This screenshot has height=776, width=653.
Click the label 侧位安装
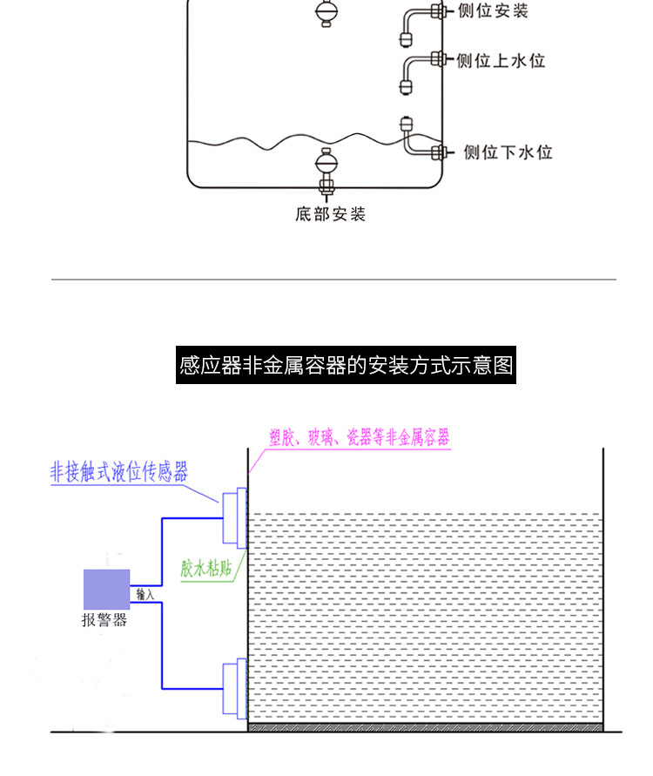493,11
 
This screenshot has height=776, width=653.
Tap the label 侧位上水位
500,61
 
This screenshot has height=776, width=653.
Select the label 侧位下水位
508,152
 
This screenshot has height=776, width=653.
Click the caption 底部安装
331,214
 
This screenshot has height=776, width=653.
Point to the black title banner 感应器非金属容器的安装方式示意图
346,365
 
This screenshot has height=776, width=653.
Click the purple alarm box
106,590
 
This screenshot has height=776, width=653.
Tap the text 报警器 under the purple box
104,619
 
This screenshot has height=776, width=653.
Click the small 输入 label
145,594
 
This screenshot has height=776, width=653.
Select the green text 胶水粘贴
205,568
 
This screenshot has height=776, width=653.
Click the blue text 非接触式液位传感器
119,472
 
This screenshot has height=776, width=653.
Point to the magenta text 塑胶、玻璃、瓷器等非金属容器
360,437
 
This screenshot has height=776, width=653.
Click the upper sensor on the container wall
235,518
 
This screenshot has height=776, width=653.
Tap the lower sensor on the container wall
235,688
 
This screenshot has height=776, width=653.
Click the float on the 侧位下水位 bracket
406,126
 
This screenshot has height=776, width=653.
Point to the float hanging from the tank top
326,12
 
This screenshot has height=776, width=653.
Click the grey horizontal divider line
334,280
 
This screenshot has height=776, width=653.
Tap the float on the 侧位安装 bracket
406,38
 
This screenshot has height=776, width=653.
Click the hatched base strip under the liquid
426,727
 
